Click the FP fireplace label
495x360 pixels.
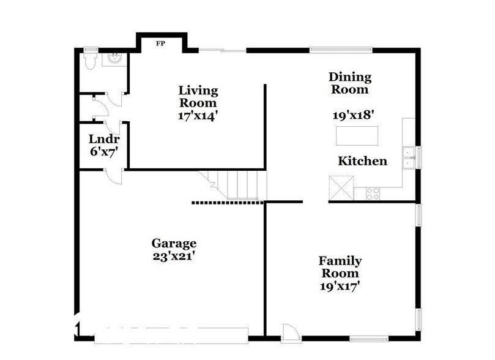pos(161,43)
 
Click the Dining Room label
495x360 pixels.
pos(350,83)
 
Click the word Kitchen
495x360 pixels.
pos(363,161)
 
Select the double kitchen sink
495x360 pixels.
pos(408,157)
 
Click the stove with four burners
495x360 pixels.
pos(372,193)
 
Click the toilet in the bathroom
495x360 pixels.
pos(88,60)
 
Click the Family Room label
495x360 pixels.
pos(339,267)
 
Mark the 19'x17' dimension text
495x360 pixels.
pos(339,285)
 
